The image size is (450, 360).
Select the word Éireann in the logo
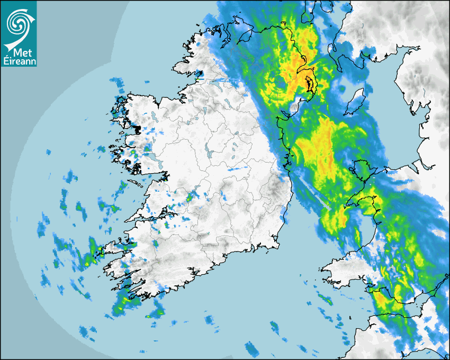coord(19,61)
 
